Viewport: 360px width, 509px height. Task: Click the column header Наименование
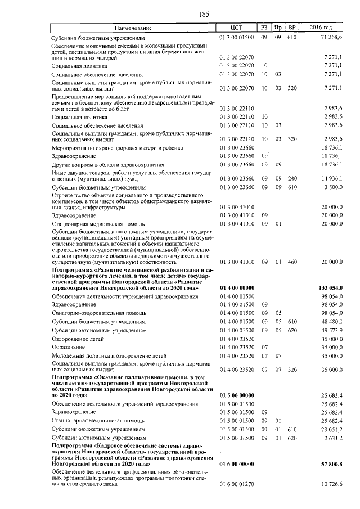pyautogui.click(x=133, y=28)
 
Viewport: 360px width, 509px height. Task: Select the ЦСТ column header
pyautogui.click(x=236, y=28)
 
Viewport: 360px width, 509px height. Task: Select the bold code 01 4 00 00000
pyautogui.click(x=237, y=287)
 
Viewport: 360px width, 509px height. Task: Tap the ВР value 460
pyautogui.click(x=291, y=262)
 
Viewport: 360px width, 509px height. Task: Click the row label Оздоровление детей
pyautogui.click(x=78, y=339)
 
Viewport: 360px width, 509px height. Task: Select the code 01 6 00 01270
pyautogui.click(x=237, y=484)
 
